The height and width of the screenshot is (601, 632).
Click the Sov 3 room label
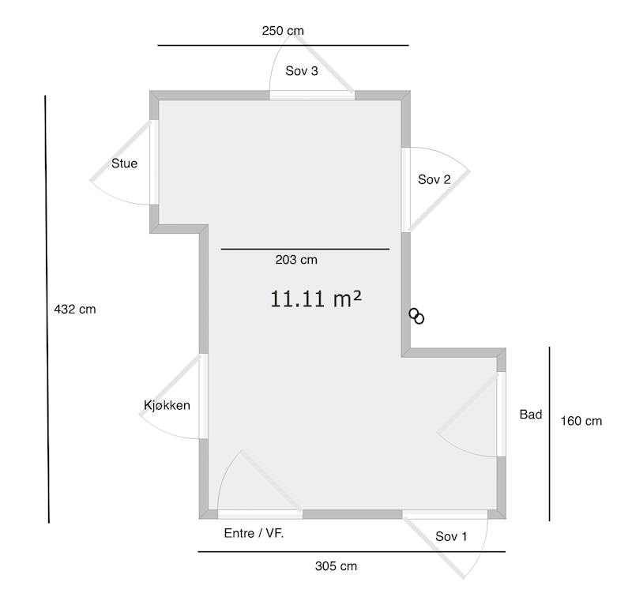tap(302, 71)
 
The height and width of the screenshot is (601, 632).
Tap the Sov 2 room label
tap(434, 179)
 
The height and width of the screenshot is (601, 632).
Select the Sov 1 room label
tap(451, 536)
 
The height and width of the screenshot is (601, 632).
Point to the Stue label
tap(124, 163)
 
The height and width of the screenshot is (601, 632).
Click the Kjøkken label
tap(167, 405)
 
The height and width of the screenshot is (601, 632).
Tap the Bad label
tap(530, 415)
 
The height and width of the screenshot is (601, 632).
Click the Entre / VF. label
tap(254, 533)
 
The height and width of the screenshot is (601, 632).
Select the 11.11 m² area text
tap(315, 299)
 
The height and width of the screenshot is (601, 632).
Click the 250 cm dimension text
tap(283, 31)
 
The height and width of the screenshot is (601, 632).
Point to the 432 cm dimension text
tap(75, 310)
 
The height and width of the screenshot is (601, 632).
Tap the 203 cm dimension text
tap(296, 260)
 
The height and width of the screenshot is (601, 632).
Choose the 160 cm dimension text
tap(581, 421)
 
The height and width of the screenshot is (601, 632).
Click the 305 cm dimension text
tap(336, 566)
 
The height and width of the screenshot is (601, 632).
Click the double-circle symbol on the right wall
tap(416, 316)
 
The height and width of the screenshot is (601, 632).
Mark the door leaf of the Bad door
tap(468, 404)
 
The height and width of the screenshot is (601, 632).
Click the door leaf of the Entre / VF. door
tap(272, 482)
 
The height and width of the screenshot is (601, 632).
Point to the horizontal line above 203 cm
tap(305, 250)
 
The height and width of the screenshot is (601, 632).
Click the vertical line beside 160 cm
tap(549, 434)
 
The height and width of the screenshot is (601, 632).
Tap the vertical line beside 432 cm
tap(47, 310)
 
